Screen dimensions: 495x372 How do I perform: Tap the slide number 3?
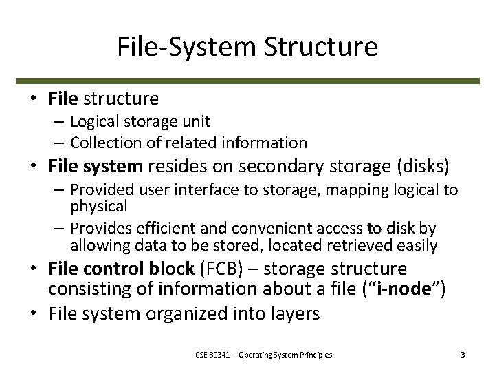463,355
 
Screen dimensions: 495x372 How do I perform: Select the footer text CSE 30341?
208,355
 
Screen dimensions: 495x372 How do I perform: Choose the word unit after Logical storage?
197,121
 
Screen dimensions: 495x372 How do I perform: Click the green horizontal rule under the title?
247,81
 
